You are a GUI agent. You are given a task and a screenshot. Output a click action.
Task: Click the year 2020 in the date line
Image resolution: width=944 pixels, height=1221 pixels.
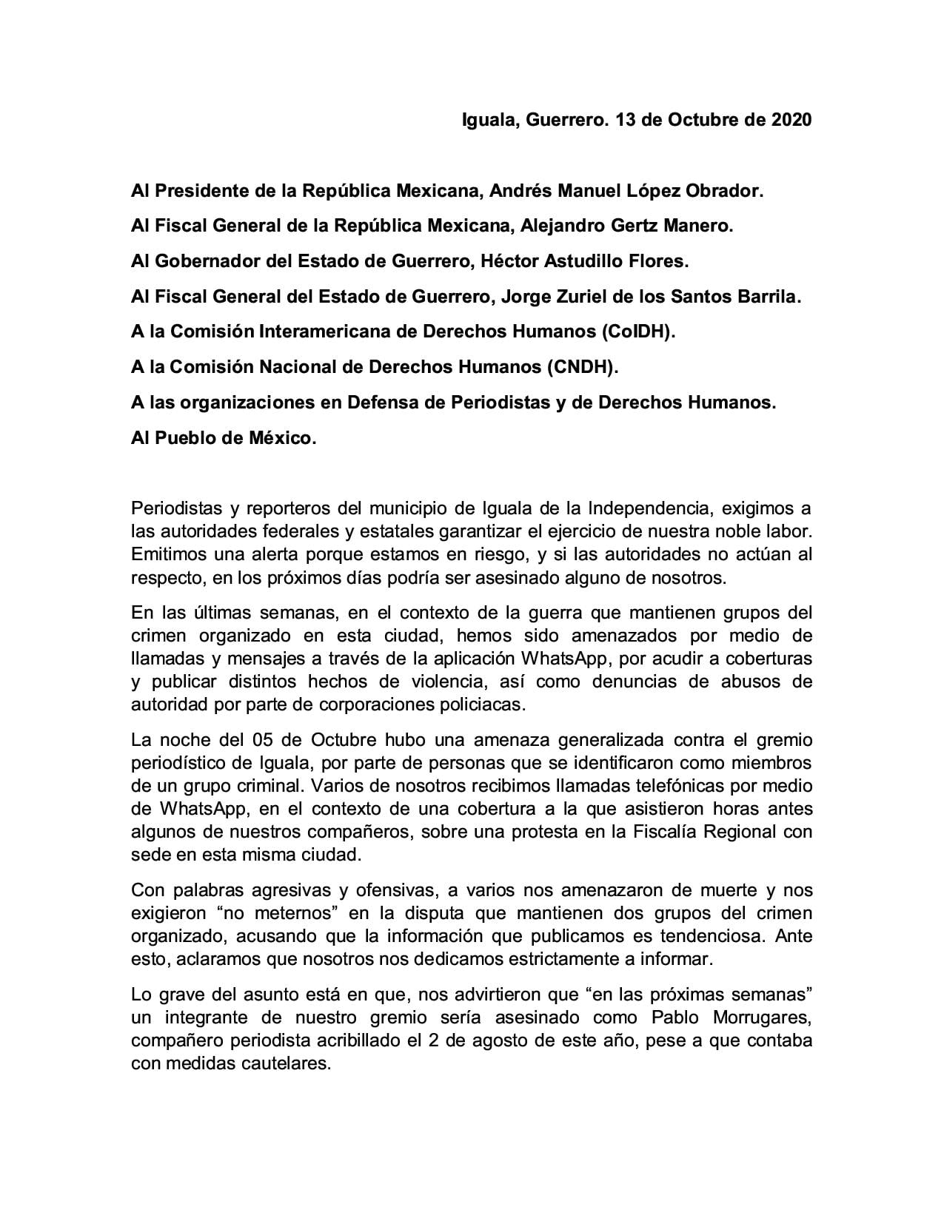pyautogui.click(x=791, y=120)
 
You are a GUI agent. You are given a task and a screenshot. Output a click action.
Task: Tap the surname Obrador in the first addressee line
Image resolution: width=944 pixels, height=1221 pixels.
pyautogui.click(x=724, y=191)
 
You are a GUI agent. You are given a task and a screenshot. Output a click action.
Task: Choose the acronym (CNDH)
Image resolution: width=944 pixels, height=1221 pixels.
pyautogui.click(x=581, y=367)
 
